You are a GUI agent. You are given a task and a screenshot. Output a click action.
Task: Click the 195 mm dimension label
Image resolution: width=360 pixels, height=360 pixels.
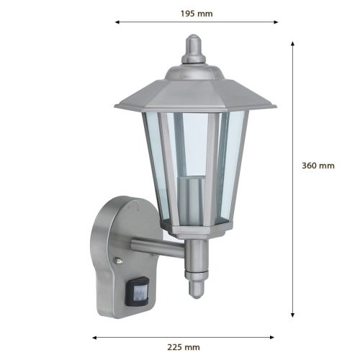pyautogui.click(x=197, y=13)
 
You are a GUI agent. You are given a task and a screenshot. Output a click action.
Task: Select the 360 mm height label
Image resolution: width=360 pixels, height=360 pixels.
pyautogui.click(x=317, y=165)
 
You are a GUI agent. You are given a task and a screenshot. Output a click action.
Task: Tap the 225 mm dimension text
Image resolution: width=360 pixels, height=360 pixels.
pyautogui.click(x=182, y=348)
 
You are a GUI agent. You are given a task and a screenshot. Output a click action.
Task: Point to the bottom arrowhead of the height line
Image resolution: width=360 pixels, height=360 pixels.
pyautogui.click(x=292, y=315)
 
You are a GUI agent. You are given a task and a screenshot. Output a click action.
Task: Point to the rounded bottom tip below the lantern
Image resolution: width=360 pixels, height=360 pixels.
pyautogui.click(x=194, y=289)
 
